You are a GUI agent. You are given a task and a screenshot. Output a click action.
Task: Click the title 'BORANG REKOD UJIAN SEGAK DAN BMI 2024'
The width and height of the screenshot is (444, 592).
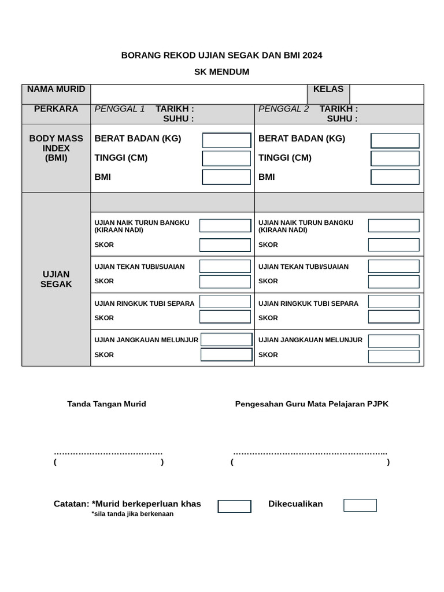tap(221, 55)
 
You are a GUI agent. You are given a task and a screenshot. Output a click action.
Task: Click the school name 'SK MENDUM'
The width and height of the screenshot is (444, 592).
tap(221, 72)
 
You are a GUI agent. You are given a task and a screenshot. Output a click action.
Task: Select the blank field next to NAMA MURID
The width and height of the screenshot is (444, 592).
tap(198, 94)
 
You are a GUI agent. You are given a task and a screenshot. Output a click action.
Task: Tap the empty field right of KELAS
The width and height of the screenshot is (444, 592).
tap(386, 94)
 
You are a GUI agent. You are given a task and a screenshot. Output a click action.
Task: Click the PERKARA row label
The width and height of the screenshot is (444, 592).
tap(56, 109)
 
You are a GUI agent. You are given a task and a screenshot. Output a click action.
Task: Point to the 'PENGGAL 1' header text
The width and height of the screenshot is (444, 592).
tap(120, 109)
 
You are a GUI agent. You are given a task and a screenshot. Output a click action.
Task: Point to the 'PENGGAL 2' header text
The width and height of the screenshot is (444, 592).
tap(284, 109)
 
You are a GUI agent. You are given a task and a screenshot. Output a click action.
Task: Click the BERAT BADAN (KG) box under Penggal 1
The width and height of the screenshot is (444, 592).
tap(227, 140)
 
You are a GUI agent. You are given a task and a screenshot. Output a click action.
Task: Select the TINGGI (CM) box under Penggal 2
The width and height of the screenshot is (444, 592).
tap(395, 158)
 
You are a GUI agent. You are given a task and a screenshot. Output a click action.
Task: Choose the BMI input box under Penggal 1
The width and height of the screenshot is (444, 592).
tap(227, 177)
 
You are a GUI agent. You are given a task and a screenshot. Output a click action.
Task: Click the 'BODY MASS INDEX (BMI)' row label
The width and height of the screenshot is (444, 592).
tap(56, 148)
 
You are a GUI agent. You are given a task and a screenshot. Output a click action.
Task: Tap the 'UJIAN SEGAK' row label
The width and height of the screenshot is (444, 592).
tap(56, 279)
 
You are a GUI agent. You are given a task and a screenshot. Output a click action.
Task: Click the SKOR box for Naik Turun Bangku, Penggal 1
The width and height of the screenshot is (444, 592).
tap(225, 245)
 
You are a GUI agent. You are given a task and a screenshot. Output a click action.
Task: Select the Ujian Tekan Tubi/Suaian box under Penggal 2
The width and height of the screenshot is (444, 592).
tap(394, 267)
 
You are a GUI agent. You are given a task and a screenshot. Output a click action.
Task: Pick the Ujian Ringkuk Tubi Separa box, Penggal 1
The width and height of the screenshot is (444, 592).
tap(225, 302)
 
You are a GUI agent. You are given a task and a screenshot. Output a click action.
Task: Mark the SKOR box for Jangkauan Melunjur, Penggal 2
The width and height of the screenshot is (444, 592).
tap(394, 356)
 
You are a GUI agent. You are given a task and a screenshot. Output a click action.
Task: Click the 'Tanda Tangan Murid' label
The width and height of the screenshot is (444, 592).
tap(106, 404)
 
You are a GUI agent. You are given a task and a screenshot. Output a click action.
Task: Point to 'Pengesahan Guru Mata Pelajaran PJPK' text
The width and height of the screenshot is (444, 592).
tap(312, 404)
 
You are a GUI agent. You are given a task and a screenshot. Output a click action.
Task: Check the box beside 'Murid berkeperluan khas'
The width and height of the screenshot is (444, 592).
tap(234, 506)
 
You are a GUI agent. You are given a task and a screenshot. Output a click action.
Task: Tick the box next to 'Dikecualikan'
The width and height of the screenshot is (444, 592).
tap(360, 505)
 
